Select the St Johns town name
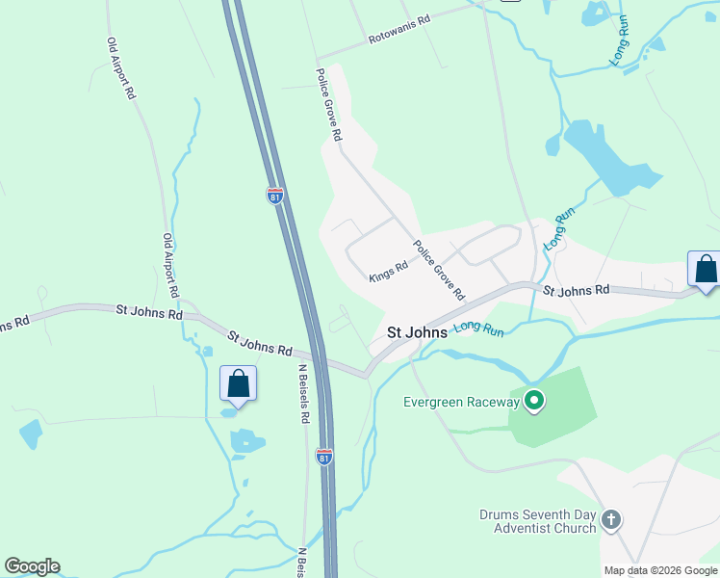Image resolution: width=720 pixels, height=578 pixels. (x=417, y=332)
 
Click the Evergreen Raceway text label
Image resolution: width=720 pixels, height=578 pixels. (x=460, y=401)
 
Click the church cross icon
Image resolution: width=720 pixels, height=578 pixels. (x=610, y=521)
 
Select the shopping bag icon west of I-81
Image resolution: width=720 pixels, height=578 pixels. (x=239, y=383)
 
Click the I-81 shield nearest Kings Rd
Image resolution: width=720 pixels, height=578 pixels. (x=275, y=196)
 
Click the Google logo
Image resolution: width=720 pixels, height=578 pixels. (x=32, y=566)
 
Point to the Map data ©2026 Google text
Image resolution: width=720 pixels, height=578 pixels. (x=660, y=570)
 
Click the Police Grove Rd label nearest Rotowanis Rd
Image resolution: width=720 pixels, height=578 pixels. (x=328, y=105)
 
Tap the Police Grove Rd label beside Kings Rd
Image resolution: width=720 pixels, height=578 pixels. (x=439, y=269)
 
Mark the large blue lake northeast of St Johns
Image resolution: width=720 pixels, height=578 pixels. (x=610, y=157)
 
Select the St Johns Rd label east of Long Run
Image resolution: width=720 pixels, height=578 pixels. (x=576, y=289)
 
